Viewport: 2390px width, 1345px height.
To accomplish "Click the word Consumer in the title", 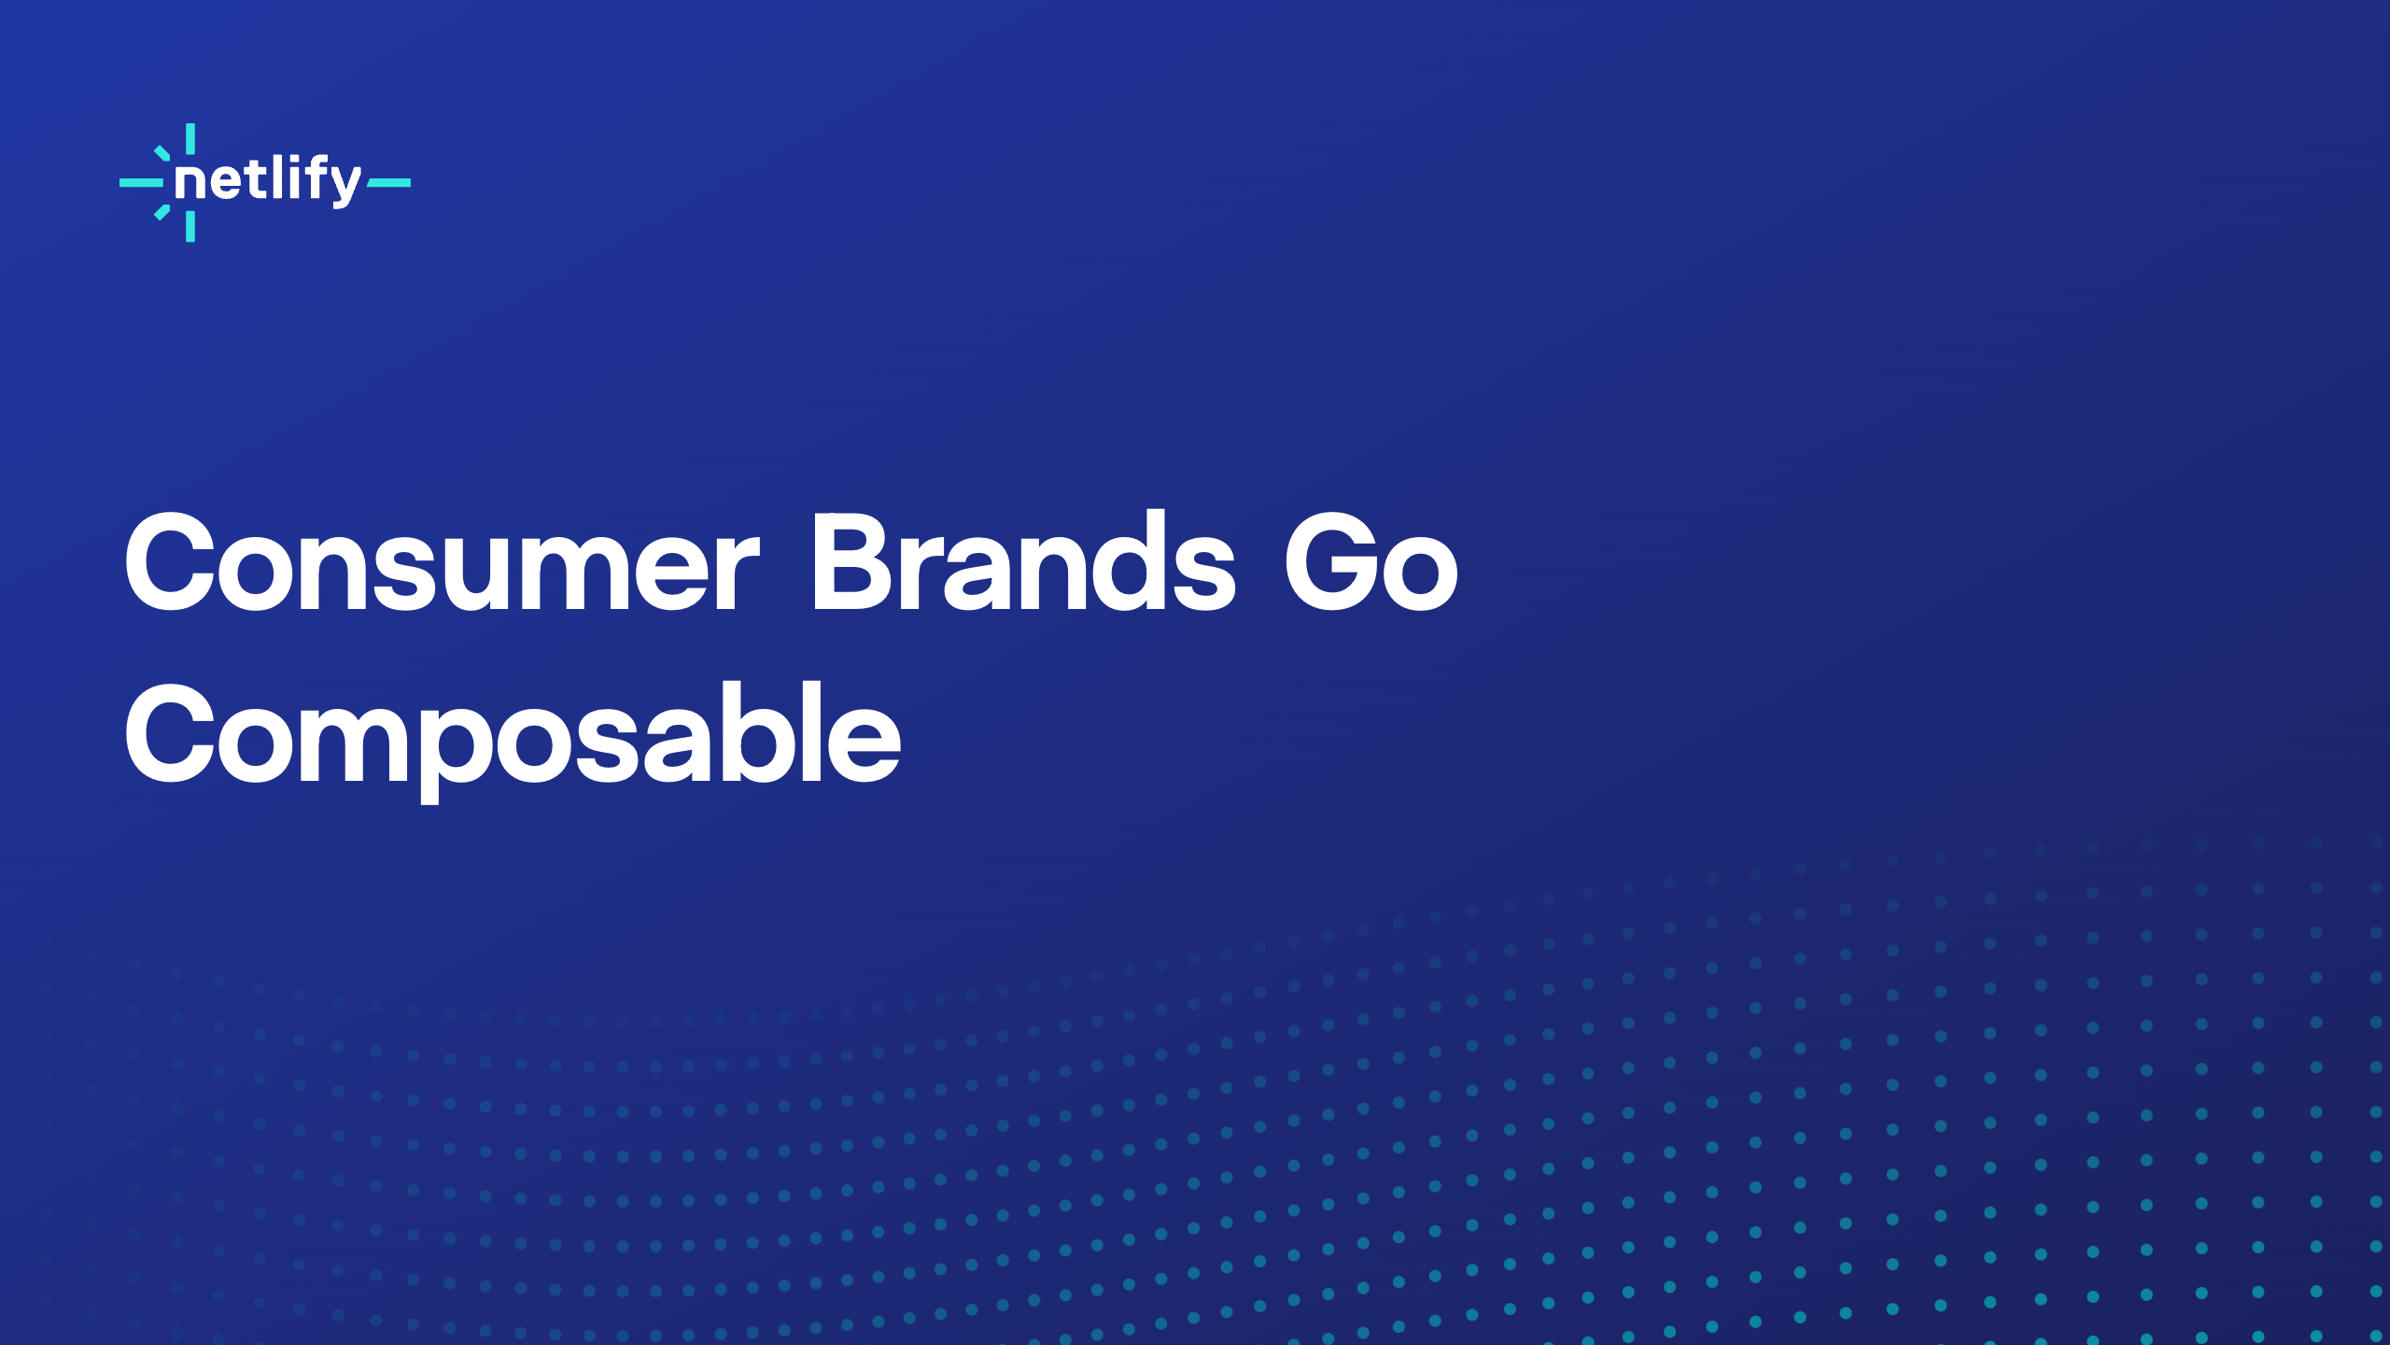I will pos(442,564).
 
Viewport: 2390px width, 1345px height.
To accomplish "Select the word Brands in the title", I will pos(1023,564).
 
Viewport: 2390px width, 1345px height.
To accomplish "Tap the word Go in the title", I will pos(1371,564).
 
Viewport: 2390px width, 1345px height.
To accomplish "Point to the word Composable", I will pos(513,736).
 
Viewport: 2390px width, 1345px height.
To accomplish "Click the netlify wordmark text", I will pos(267,179).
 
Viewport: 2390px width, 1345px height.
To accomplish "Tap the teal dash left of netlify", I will pos(141,183).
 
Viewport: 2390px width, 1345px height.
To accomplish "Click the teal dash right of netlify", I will pos(388,183).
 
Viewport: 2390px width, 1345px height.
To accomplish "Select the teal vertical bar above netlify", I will pos(190,138).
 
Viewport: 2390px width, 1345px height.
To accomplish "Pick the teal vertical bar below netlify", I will pos(190,227).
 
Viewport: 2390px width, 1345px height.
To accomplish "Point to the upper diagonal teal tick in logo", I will pos(162,152).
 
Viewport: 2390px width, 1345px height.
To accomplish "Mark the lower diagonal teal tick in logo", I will pos(162,213).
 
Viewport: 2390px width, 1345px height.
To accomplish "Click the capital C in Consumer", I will pos(171,564).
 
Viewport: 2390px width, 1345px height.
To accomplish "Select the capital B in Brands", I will pos(854,564).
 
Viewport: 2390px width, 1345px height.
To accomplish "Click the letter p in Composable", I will pos(455,747).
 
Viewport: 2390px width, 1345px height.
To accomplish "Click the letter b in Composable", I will pos(749,734).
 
